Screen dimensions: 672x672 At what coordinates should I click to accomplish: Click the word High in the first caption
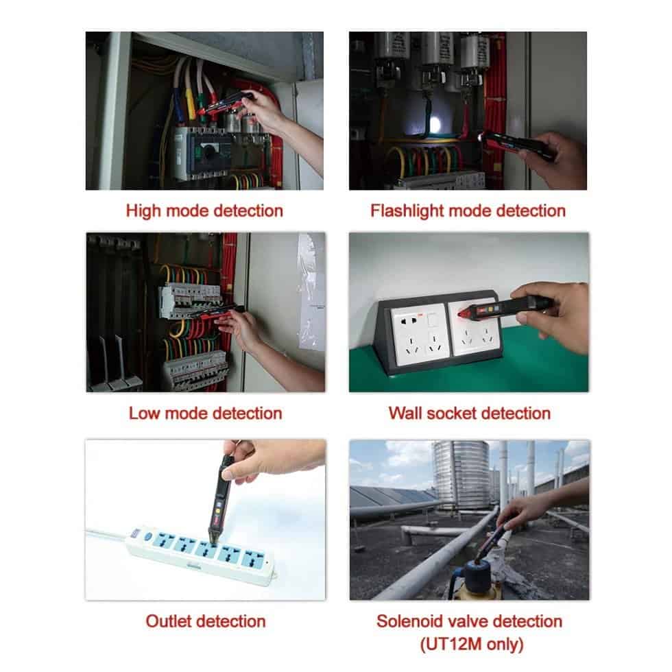[143, 211]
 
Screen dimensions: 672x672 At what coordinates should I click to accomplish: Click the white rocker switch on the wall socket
[432, 320]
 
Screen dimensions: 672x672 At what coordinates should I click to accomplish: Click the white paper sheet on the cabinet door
[311, 291]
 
